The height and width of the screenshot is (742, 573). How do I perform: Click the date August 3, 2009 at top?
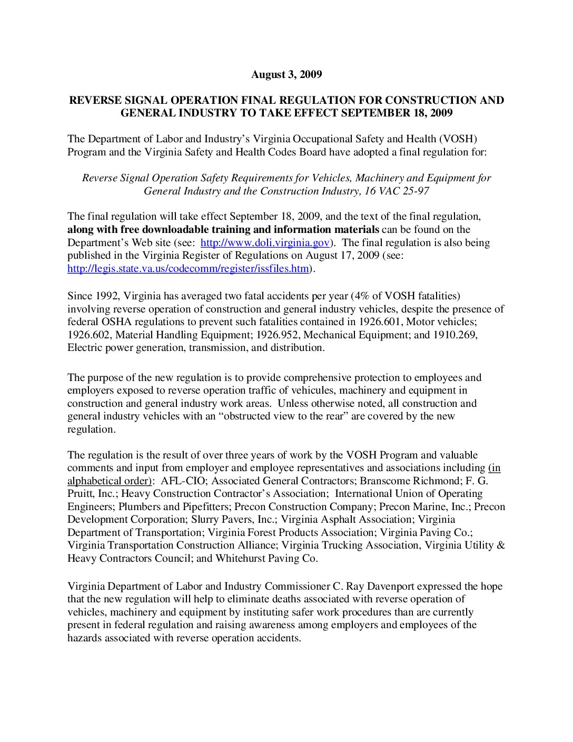[x=286, y=74]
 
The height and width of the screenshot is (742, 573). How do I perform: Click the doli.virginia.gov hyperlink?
[x=265, y=243]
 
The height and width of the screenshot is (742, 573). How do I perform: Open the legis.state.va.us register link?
[x=188, y=269]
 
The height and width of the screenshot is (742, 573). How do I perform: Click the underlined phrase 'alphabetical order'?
[x=108, y=481]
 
